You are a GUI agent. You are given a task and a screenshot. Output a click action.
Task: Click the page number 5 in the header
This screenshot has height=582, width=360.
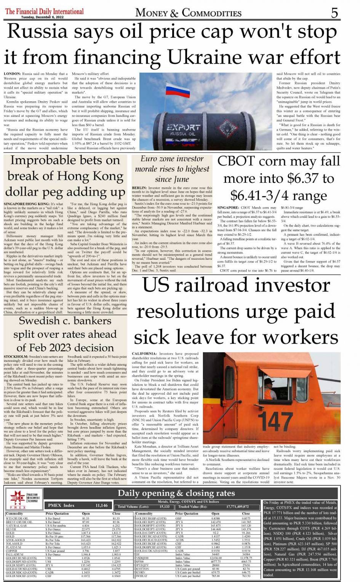[334, 13]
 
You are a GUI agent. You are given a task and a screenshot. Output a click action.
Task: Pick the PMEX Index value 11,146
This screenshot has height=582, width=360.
[101, 505]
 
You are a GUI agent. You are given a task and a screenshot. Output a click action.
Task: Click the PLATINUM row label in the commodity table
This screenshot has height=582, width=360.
[13, 547]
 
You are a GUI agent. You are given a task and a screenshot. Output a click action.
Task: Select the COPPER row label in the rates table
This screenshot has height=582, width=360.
[11, 551]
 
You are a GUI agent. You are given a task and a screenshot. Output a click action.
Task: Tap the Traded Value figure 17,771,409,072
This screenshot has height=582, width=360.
[237, 507]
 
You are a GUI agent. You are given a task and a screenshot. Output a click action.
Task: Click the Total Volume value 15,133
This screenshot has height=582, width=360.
[165, 507]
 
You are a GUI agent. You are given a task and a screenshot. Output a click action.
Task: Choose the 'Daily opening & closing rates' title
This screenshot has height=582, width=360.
[176, 493]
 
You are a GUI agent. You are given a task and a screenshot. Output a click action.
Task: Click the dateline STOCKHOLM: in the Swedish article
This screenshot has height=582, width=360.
[16, 357]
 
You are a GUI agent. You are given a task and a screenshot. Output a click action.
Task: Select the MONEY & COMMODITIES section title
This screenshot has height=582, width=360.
[188, 13]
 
